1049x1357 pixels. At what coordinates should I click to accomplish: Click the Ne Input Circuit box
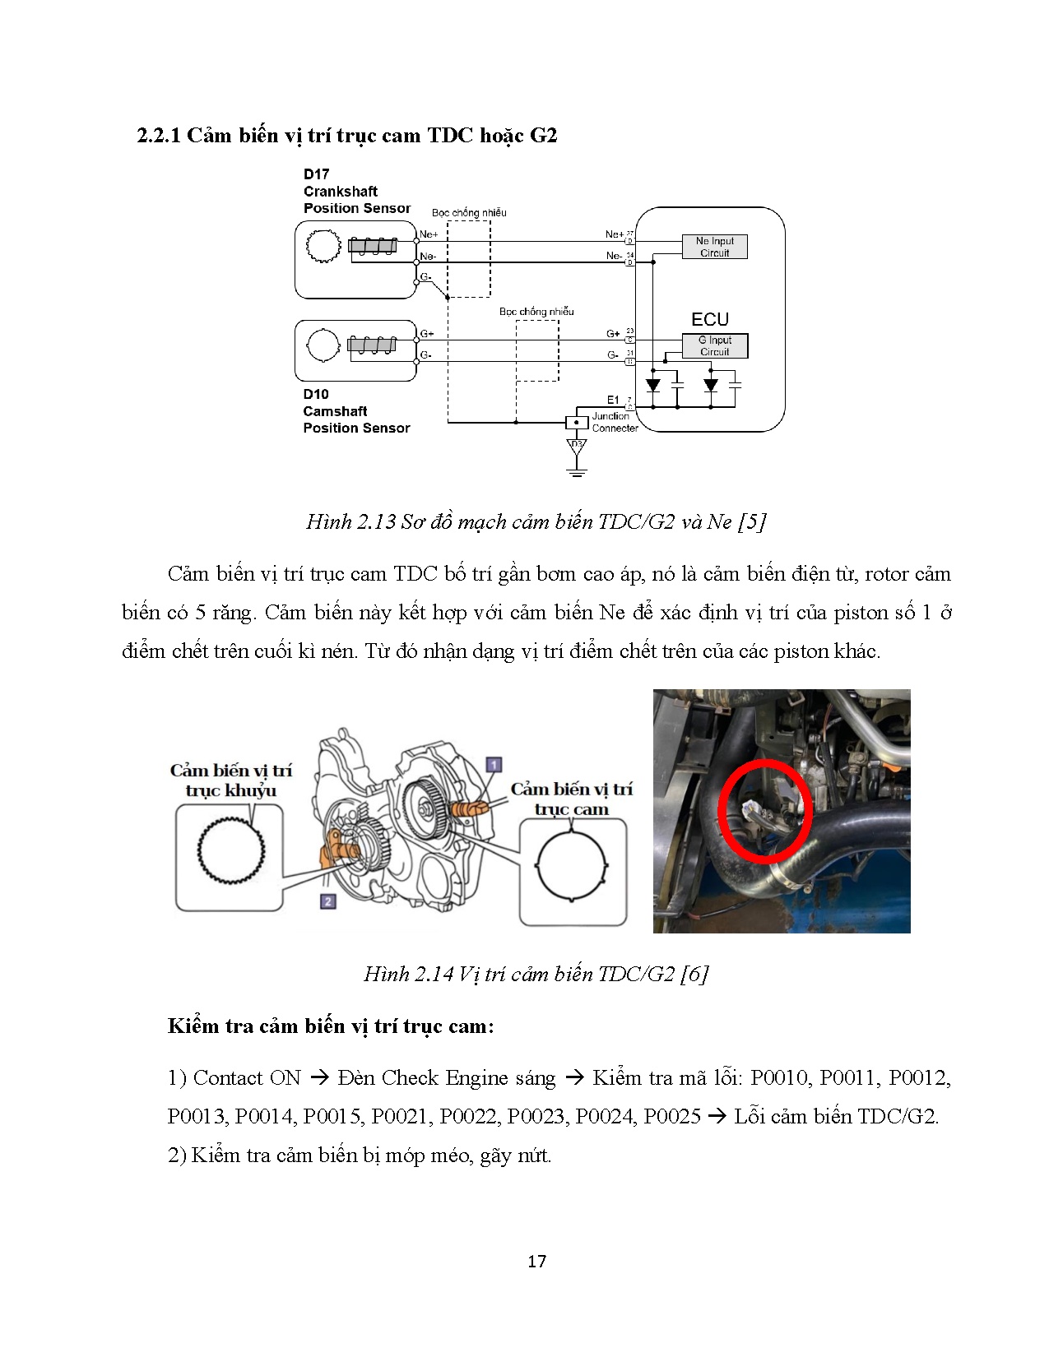714,247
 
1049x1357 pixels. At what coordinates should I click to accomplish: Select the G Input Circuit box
714,345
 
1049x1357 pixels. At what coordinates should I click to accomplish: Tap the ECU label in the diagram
709,320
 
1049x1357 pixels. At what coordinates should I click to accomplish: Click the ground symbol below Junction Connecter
576,470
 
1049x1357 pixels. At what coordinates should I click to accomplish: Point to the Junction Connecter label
614,422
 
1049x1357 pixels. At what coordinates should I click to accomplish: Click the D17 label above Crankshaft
316,174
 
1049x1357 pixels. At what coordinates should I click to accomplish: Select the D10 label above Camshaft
315,394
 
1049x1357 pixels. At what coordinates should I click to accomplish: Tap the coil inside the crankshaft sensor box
372,246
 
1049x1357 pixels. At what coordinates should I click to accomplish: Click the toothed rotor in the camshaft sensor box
322,345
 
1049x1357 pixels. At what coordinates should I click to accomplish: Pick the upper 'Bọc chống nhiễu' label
469,213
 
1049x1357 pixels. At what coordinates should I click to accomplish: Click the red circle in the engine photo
764,810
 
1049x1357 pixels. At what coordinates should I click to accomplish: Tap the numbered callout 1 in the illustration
493,765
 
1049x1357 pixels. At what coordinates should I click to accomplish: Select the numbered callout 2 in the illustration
327,901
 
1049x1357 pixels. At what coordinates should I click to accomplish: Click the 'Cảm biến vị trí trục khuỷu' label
230,780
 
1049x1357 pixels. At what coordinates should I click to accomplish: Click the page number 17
536,1261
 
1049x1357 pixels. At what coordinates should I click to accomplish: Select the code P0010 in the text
779,1077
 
